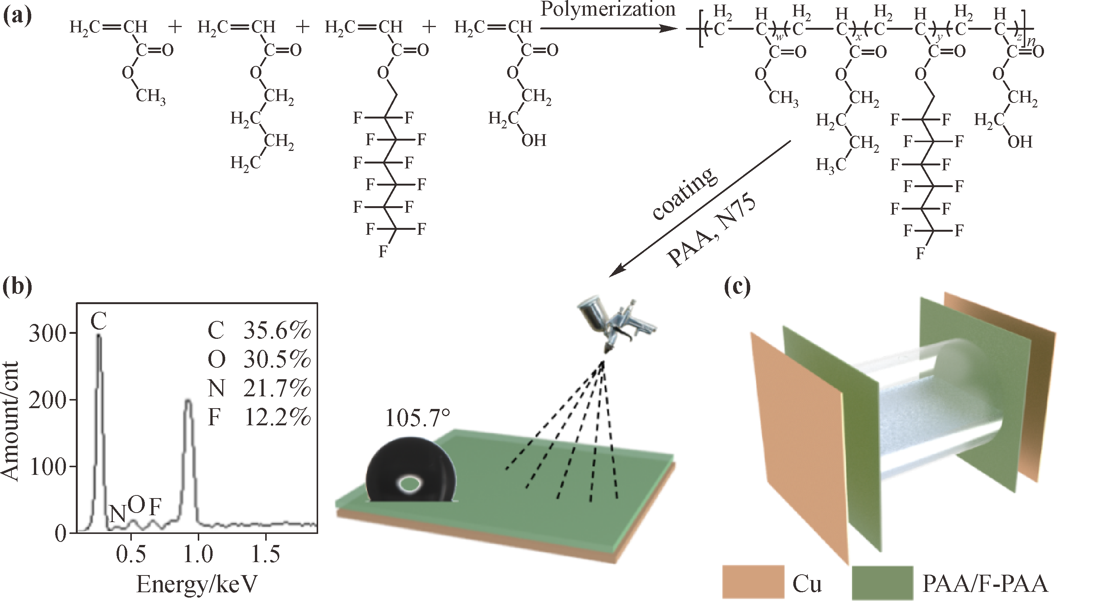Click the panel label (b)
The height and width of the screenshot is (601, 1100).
17,287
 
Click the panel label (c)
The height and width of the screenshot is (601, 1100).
738,287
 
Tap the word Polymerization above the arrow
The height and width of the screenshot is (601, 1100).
608,10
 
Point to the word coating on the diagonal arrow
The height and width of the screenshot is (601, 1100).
683,194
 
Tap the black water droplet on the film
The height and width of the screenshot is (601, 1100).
411,470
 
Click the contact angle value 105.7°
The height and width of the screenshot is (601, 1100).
418,417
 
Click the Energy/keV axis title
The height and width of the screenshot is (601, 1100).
197,584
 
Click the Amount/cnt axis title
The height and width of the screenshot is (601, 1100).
10,421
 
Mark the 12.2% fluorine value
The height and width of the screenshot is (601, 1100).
277,418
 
